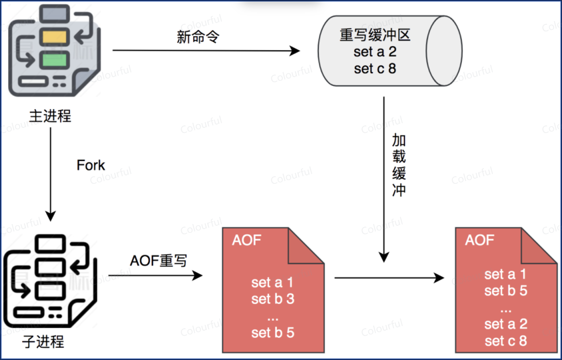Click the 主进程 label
click(50, 116)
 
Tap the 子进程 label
click(43, 342)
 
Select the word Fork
click(91, 165)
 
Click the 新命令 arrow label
click(198, 37)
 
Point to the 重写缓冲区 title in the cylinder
click(375, 35)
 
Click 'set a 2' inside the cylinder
click(375, 52)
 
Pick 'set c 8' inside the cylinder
click(375, 69)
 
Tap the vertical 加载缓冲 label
click(399, 165)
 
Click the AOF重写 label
click(158, 261)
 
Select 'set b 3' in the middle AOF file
click(272, 299)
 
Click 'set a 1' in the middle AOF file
click(272, 283)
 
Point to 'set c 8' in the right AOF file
click(505, 341)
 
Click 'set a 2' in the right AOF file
click(505, 324)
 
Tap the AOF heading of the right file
click(479, 240)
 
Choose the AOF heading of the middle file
click(246, 240)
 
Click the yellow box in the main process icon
click(54, 37)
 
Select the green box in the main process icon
click(54, 60)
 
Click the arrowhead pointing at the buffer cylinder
click(295, 51)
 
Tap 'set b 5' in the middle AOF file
click(272, 333)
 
